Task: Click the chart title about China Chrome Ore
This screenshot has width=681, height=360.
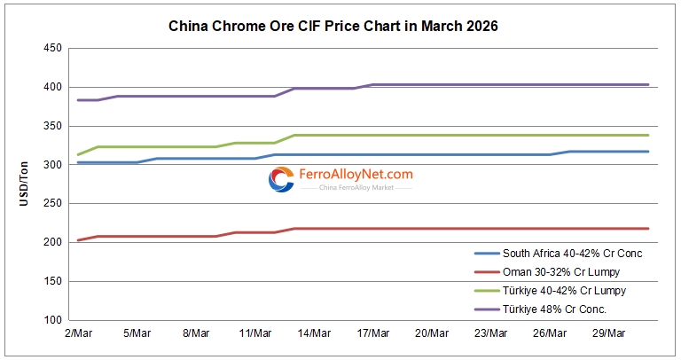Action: point(333,27)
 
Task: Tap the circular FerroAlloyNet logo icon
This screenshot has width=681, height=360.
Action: point(281,179)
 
